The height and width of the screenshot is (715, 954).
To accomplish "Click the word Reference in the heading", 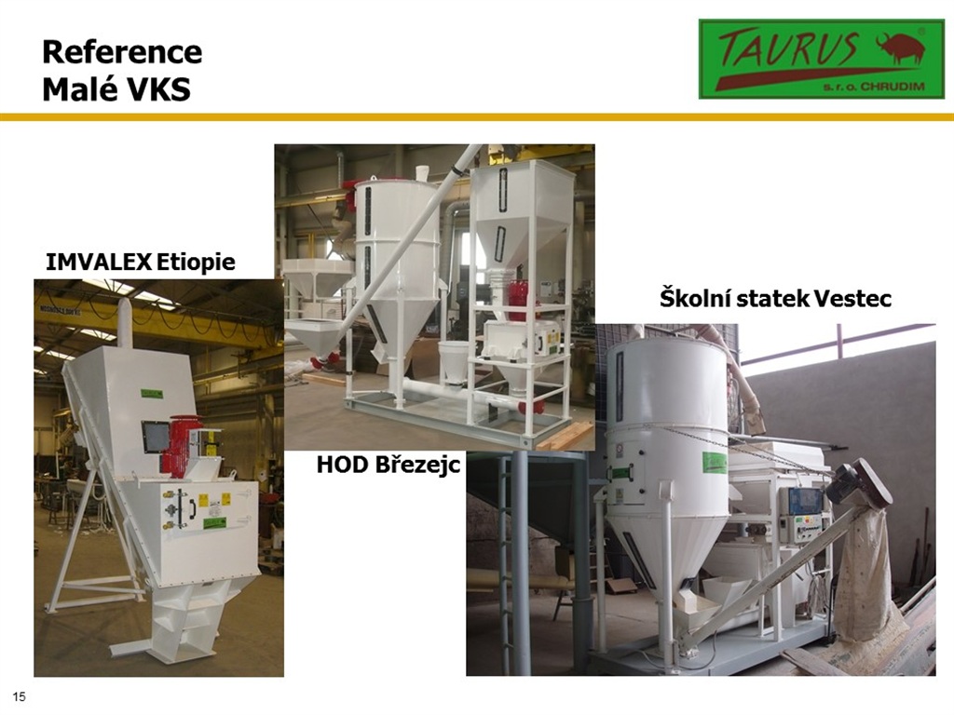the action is coord(122,52).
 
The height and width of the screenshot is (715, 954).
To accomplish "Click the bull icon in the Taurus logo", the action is coord(899,47).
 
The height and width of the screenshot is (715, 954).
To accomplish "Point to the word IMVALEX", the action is coord(99,262).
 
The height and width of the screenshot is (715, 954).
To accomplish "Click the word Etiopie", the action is coord(196,262).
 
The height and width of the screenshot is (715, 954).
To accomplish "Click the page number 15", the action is coord(20,696).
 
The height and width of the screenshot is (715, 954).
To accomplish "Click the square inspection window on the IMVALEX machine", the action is coord(155,437).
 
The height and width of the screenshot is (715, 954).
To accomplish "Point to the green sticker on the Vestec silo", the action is coord(715,463).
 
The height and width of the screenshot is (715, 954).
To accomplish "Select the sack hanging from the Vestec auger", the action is coord(866,577).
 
